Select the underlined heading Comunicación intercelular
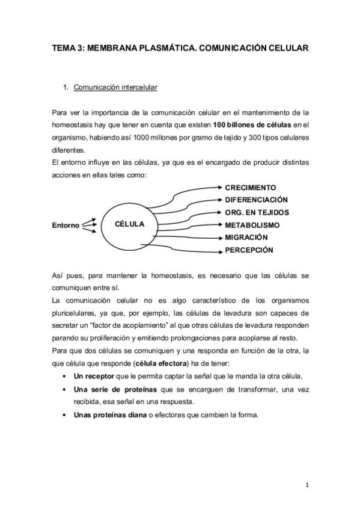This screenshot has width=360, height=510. pos(115,88)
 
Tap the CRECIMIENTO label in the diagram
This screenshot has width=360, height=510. pos(251,187)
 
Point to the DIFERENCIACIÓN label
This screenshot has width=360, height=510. pos(256,200)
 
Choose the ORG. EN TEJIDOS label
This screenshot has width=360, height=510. pos(257,212)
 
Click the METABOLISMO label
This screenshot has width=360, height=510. pos(252,225)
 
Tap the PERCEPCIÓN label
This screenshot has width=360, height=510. pos(249,250)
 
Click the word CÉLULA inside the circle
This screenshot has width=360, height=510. pos(130,224)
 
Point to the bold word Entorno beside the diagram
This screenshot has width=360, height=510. pos(66,226)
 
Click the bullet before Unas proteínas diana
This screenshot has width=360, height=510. pos(64,414)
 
